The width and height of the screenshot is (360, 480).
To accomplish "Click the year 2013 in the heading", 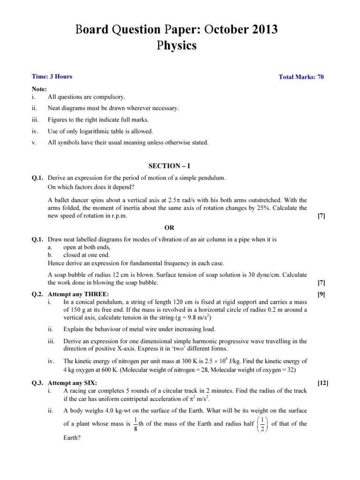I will (261, 30).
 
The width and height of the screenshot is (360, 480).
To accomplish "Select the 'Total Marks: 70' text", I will (301, 77).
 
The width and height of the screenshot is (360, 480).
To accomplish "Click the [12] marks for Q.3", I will (323, 383).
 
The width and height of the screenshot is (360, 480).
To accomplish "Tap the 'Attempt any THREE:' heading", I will (78, 294).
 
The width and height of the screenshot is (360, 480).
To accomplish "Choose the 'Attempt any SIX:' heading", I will (73, 383).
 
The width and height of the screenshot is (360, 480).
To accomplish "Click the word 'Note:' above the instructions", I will (39, 89).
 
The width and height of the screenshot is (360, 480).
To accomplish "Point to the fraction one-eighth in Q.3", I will (135, 424).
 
